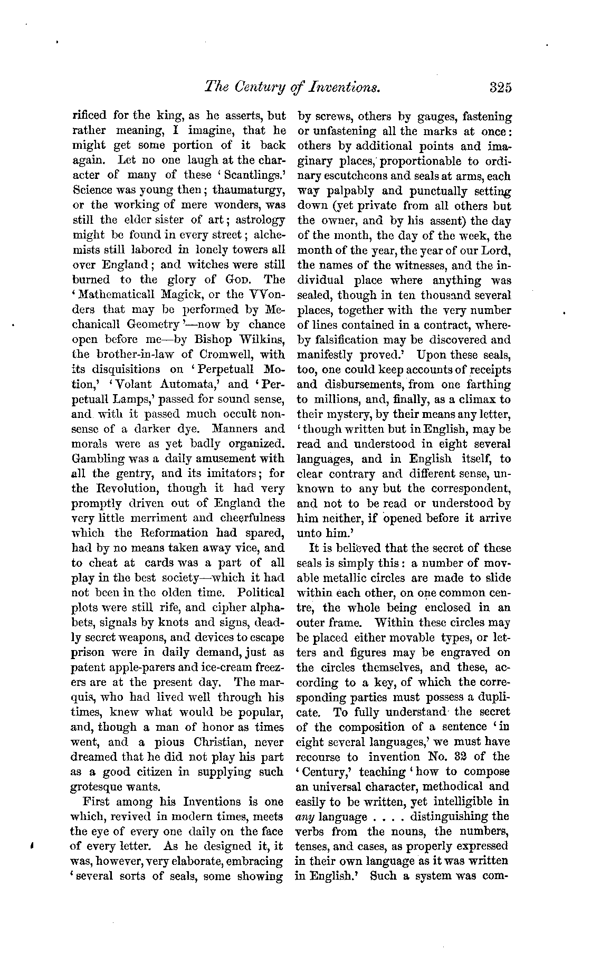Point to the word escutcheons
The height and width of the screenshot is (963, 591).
click(356, 176)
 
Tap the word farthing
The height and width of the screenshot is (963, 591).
click(490, 385)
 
